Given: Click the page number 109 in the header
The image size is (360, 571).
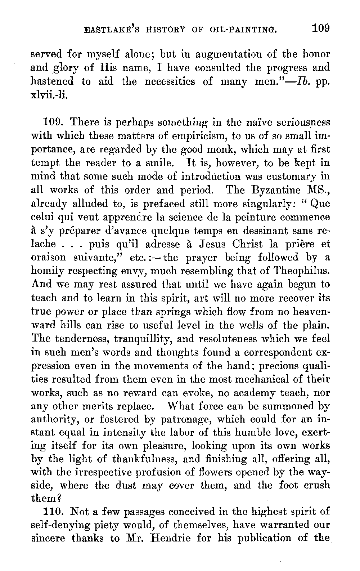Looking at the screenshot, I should click(321, 28).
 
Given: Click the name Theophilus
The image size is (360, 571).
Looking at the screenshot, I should click(301, 271).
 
